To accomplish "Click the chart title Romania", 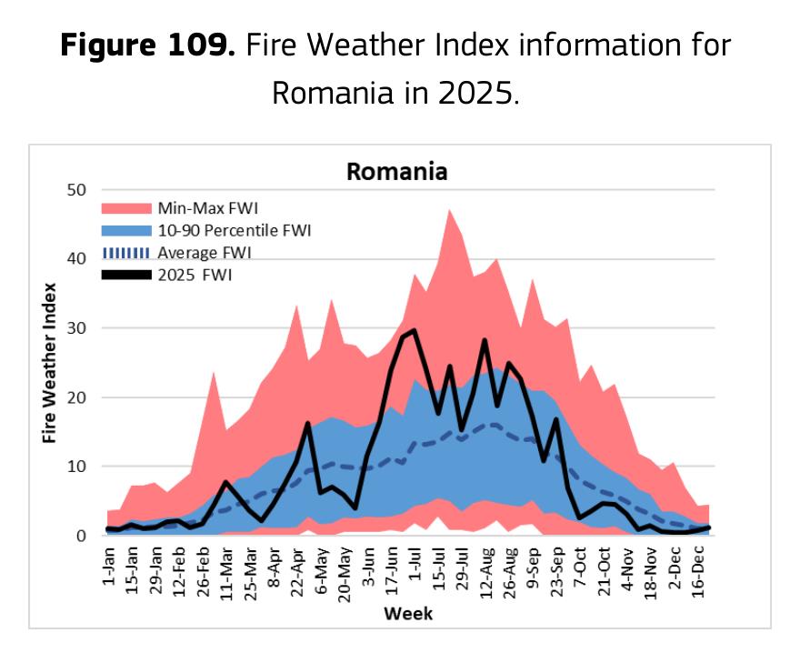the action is pyautogui.click(x=396, y=171).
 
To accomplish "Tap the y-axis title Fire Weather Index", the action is pyautogui.click(x=49, y=363).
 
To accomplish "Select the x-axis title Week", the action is pyautogui.click(x=408, y=614).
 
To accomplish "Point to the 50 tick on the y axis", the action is pyautogui.click(x=76, y=190).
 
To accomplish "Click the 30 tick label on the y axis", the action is pyautogui.click(x=76, y=328).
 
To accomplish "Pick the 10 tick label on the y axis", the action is pyautogui.click(x=76, y=467).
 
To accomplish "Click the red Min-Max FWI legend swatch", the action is pyautogui.click(x=126, y=208).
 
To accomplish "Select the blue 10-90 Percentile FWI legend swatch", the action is pyautogui.click(x=126, y=230).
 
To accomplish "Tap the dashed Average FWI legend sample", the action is pyautogui.click(x=126, y=253).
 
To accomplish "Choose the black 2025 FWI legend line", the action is pyautogui.click(x=126, y=275).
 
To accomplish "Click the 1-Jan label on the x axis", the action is pyautogui.click(x=109, y=566).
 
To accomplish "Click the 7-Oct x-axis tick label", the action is pyautogui.click(x=580, y=567).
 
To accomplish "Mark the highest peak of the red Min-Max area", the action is pyautogui.click(x=449, y=210).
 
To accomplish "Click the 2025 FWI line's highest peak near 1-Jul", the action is pyautogui.click(x=414, y=330).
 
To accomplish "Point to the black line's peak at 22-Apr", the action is pyautogui.click(x=308, y=423).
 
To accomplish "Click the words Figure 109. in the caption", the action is pyautogui.click(x=147, y=45).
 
